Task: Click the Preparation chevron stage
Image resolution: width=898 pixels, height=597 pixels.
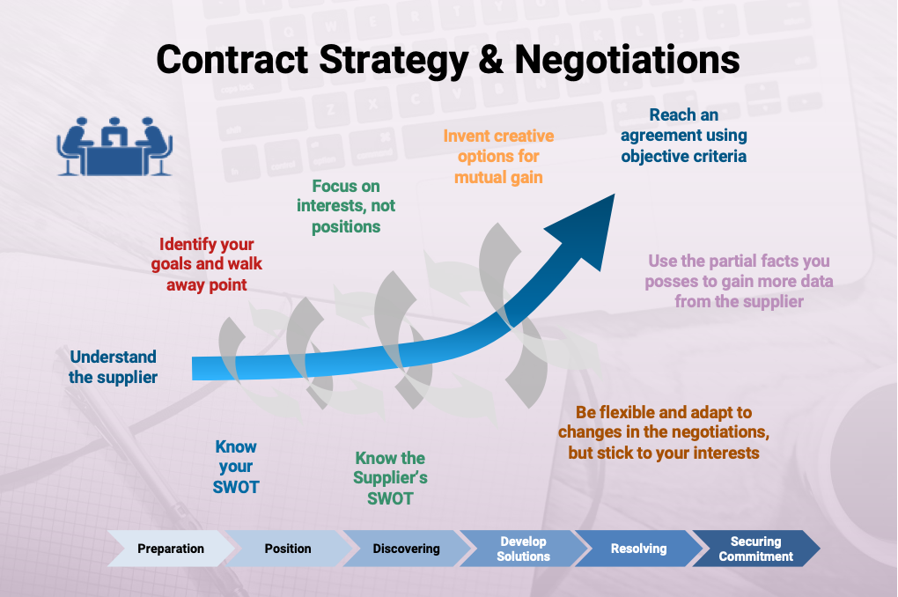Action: click(x=171, y=549)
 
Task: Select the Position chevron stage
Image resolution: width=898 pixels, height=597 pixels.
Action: click(x=288, y=549)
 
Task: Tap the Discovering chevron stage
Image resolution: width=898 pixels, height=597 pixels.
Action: click(x=406, y=549)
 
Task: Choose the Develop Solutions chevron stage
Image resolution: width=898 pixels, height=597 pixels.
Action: click(x=524, y=549)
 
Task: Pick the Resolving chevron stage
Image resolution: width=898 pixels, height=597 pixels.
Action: click(x=639, y=549)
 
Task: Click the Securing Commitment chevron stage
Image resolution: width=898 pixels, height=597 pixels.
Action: click(x=756, y=549)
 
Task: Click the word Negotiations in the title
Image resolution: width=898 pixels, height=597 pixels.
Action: click(x=627, y=60)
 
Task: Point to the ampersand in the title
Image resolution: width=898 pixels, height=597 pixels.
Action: click(x=490, y=60)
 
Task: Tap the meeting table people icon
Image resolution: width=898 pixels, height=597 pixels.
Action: click(x=114, y=146)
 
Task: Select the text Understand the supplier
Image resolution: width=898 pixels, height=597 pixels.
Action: click(x=113, y=366)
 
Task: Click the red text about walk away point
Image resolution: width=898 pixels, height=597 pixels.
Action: click(x=207, y=264)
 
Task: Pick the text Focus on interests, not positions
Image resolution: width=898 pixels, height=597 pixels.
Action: click(x=346, y=206)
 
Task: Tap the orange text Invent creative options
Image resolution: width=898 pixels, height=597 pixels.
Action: click(x=498, y=157)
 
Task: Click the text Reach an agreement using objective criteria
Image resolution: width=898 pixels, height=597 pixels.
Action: click(x=684, y=136)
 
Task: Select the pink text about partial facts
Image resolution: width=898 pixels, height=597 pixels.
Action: click(x=739, y=281)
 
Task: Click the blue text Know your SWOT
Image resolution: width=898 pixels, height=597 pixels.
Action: click(x=236, y=467)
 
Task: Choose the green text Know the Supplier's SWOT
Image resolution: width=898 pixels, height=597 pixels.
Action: click(x=390, y=478)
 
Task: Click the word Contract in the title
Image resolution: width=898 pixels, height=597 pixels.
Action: click(x=232, y=60)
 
